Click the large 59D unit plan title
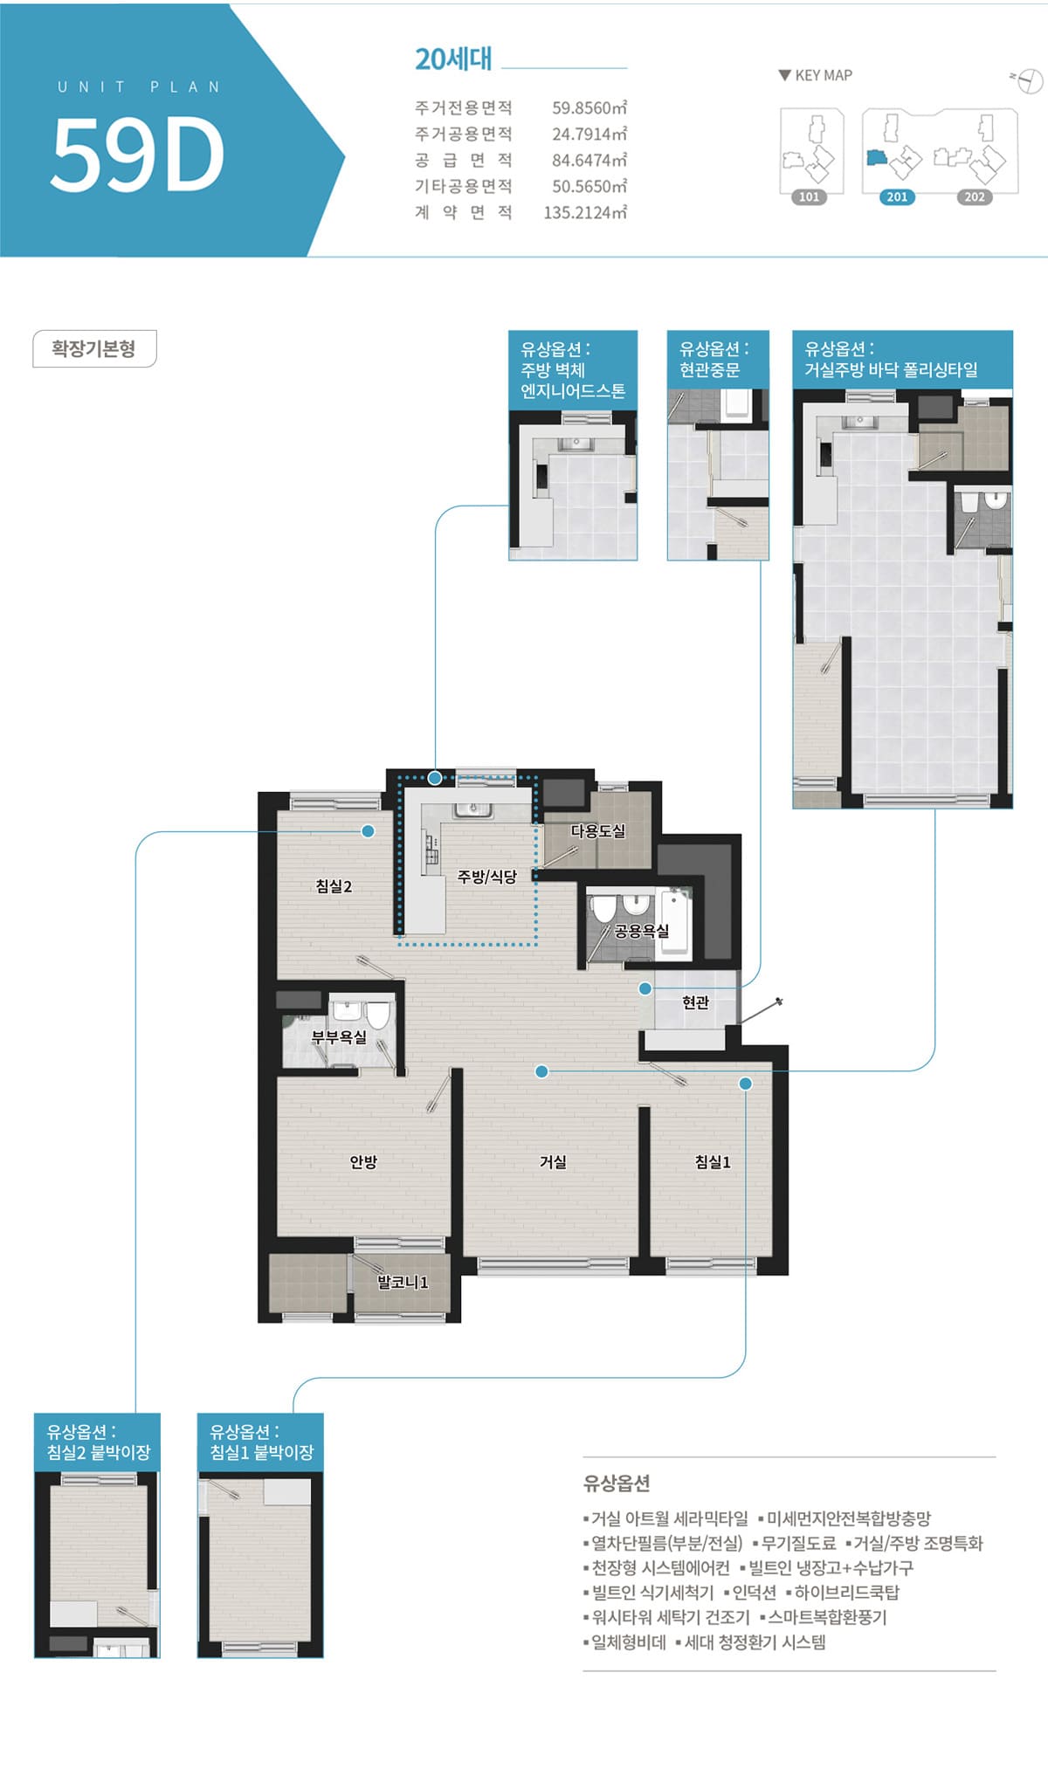pyautogui.click(x=138, y=154)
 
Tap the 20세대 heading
pyautogui.click(x=453, y=59)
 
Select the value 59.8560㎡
pyautogui.click(x=589, y=108)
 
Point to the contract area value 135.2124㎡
pyautogui.click(x=585, y=212)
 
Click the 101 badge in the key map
pyautogui.click(x=810, y=196)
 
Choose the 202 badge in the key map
pyautogui.click(x=975, y=196)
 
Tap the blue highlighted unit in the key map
pyautogui.click(x=877, y=157)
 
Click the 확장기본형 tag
pyautogui.click(x=94, y=348)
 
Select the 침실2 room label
pyautogui.click(x=334, y=886)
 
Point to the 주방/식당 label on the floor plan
pyautogui.click(x=487, y=876)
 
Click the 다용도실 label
pyautogui.click(x=598, y=830)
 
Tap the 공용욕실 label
pyautogui.click(x=642, y=931)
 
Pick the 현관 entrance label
pyautogui.click(x=696, y=1002)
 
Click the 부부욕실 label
pyautogui.click(x=340, y=1037)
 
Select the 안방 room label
pyautogui.click(x=363, y=1161)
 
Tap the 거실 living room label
pyautogui.click(x=554, y=1161)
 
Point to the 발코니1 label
pyautogui.click(x=403, y=1282)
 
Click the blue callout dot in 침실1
pyautogui.click(x=745, y=1084)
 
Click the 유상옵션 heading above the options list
pyautogui.click(x=617, y=1483)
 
